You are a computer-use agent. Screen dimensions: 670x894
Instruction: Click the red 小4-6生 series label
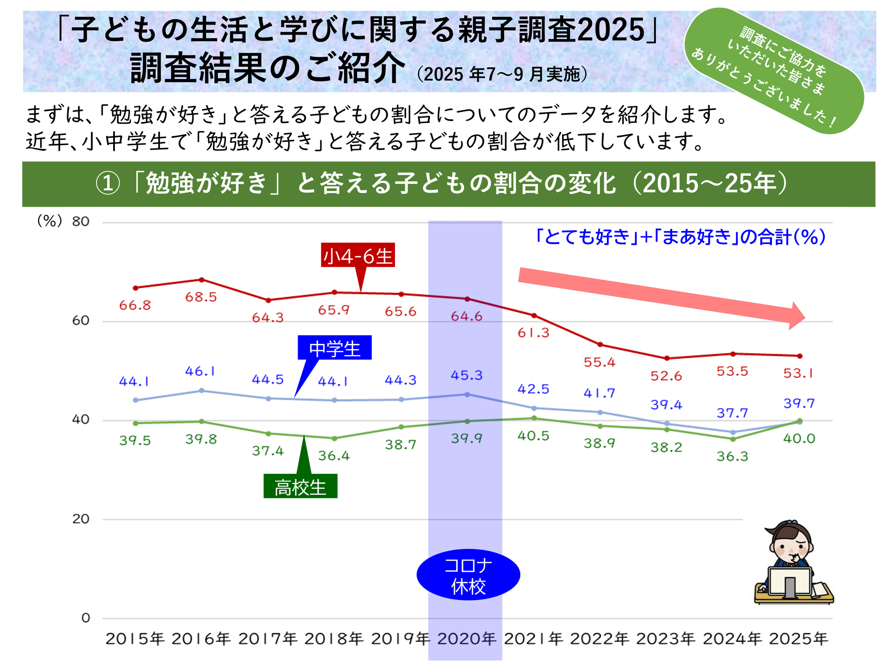pos(358,255)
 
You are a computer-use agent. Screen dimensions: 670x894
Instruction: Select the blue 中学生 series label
pos(334,348)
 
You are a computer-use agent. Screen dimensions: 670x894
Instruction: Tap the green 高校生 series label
pos(300,486)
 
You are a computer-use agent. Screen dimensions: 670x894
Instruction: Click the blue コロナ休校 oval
pos(468,575)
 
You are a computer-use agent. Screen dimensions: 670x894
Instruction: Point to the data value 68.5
pos(201,297)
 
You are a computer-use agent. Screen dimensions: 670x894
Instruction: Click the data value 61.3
pos(533,333)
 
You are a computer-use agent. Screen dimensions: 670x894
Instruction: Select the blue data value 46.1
pos(200,371)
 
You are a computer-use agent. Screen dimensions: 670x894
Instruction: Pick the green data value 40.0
pos(799,439)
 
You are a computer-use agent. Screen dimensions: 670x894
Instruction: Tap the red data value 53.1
pos(798,373)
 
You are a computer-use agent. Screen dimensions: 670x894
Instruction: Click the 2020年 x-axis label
pos(467,639)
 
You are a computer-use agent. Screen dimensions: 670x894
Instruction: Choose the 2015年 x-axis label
pos(135,639)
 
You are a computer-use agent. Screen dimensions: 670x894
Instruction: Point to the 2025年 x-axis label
pos(799,639)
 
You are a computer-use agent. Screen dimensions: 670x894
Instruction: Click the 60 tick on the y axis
pos(81,321)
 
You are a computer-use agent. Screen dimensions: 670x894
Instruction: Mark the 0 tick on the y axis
pos(86,618)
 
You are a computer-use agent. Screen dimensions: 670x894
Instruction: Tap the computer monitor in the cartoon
pos(789,582)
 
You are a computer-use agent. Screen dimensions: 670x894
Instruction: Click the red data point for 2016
pos(202,280)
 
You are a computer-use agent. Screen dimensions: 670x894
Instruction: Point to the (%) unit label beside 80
pos(50,221)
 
